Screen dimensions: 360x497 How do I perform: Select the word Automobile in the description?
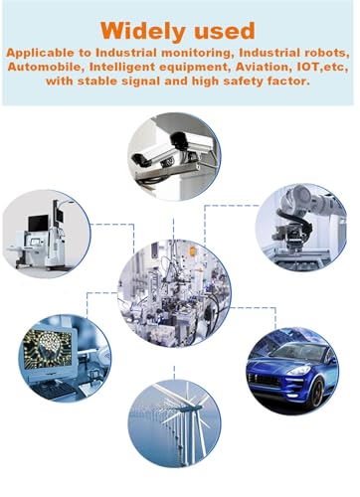(x=44, y=67)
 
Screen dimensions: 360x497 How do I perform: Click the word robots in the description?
(x=324, y=53)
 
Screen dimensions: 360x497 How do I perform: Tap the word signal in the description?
(x=141, y=82)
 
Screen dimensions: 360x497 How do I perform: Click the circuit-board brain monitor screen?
(x=48, y=350)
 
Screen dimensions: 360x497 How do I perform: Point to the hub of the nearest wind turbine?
(x=188, y=409)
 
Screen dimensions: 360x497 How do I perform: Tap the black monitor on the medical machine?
(x=38, y=223)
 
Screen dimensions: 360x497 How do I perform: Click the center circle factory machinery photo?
(x=174, y=293)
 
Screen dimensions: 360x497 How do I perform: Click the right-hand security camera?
(x=192, y=141)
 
